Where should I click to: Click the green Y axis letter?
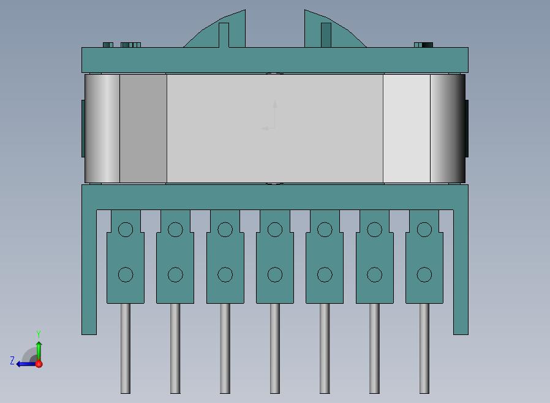point(39,334)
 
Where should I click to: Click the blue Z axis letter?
point(12,360)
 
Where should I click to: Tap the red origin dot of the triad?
point(39,364)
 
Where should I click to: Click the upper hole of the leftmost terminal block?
point(126,230)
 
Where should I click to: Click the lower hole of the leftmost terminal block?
point(126,274)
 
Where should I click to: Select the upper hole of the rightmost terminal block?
point(424,230)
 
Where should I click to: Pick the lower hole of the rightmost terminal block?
point(424,274)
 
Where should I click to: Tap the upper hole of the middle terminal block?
point(275,230)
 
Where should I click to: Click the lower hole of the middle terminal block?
point(275,274)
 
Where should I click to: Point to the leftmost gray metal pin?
point(126,348)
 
